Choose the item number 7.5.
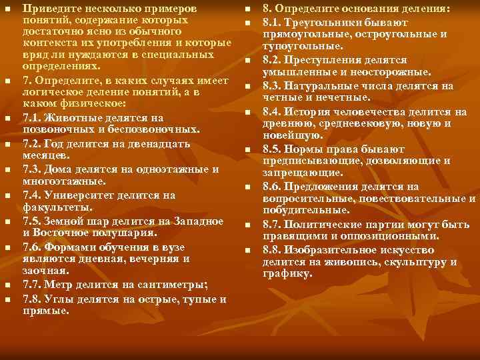click(32, 221)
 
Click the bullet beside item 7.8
click(7, 298)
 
